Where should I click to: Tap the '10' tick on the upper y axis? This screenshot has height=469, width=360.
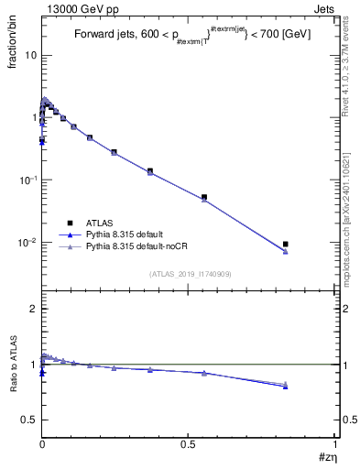[30, 55]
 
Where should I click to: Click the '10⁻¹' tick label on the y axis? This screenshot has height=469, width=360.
[27, 180]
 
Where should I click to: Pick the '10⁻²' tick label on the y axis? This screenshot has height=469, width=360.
[27, 242]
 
